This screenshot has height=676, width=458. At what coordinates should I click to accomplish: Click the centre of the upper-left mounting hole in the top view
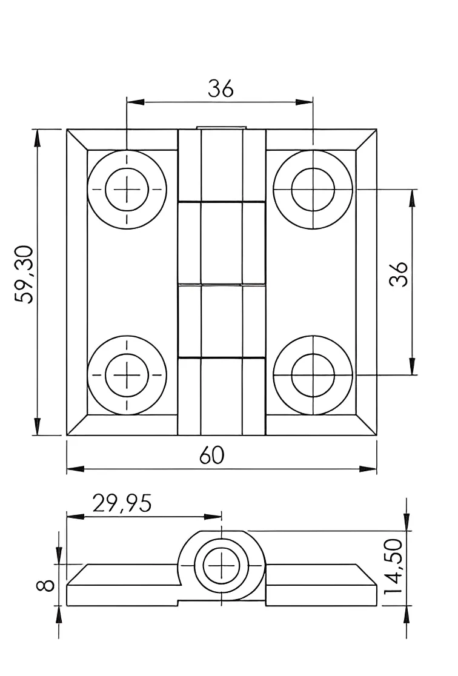[127, 189]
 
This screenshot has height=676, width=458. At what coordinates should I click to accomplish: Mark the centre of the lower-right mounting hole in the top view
[313, 375]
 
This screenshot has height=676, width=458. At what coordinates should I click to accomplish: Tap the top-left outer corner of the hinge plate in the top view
[67, 129]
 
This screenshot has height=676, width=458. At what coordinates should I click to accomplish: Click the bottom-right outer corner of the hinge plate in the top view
[376, 436]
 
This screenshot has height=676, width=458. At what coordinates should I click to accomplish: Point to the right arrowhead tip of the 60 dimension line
[376, 469]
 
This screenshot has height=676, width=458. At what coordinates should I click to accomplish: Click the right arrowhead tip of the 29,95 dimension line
[222, 517]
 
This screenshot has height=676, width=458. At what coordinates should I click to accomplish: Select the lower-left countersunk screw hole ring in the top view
[127, 375]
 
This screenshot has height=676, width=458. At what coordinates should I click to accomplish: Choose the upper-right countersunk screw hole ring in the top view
[313, 189]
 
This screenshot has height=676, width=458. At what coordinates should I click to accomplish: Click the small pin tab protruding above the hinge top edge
[221, 128]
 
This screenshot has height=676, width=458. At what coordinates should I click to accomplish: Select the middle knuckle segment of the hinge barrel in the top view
[222, 243]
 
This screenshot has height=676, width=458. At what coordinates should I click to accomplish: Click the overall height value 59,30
[23, 274]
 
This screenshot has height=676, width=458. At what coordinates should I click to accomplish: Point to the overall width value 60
[212, 456]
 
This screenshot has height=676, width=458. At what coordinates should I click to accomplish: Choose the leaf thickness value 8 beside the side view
[45, 585]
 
